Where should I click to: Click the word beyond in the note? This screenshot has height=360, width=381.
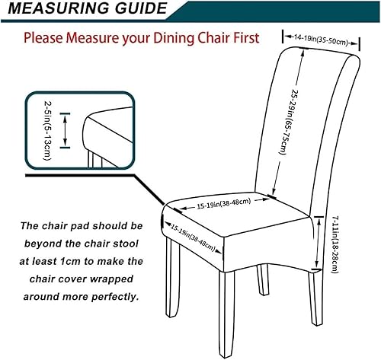pos(42,243)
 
